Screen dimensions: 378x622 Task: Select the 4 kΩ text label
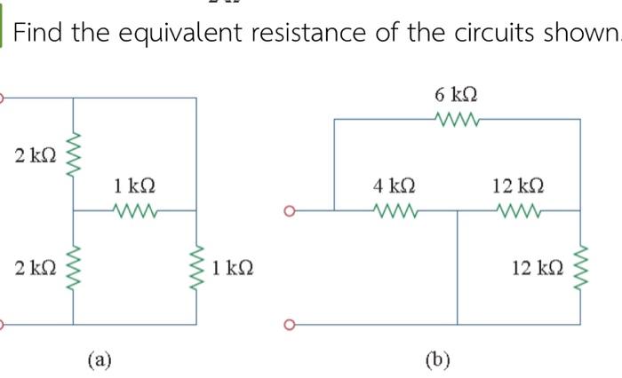(x=395, y=186)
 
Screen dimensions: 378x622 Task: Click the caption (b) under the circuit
(x=437, y=359)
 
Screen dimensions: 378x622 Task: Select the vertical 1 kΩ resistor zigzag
(x=196, y=267)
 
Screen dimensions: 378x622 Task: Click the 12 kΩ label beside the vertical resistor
(x=537, y=267)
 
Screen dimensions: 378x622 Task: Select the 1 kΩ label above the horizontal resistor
(x=135, y=186)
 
